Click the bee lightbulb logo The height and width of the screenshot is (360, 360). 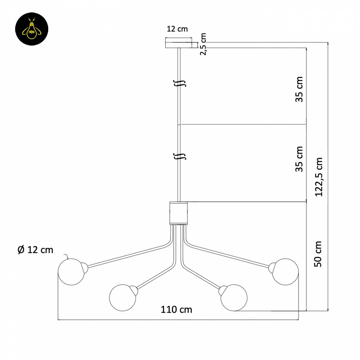tap(32, 29)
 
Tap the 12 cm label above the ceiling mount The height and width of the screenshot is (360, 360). tap(177, 29)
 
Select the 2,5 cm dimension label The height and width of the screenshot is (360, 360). tap(203, 44)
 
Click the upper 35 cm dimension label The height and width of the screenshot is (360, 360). tap(299, 89)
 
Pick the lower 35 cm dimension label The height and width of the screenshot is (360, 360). tap(299, 159)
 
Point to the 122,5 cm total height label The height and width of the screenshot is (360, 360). tap(319, 177)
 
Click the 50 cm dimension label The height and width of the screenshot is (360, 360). tap(318, 254)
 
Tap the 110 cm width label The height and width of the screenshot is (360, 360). tap(176, 310)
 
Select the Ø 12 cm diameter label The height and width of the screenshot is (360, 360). tap(35, 250)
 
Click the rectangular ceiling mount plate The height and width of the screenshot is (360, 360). tap(179, 43)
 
